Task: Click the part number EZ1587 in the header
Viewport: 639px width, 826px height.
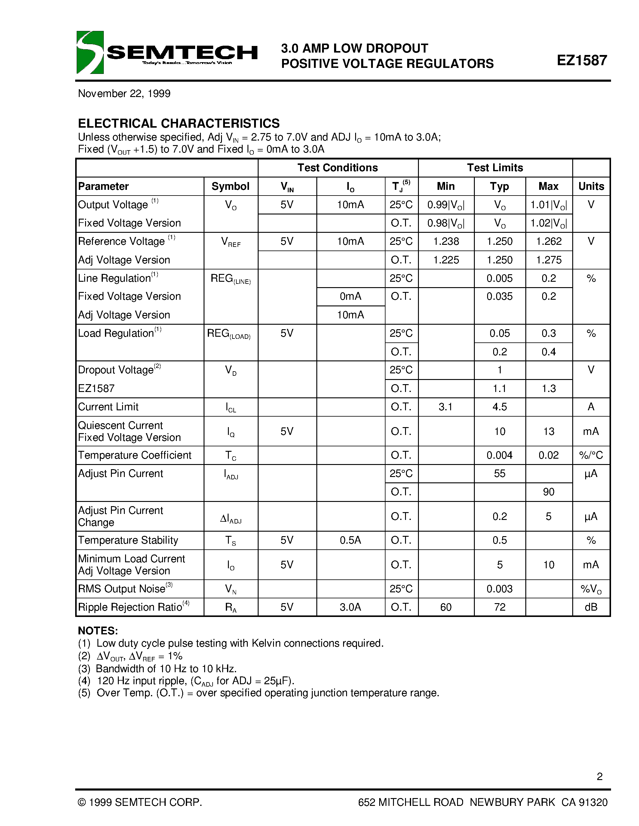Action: [x=582, y=60]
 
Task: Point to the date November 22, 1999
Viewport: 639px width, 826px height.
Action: [x=124, y=93]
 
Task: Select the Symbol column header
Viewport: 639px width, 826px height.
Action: [x=230, y=186]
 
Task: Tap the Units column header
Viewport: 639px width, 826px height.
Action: [x=591, y=186]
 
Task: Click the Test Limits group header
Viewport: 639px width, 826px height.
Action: [x=495, y=168]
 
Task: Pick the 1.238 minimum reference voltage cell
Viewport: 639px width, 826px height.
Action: [x=446, y=241]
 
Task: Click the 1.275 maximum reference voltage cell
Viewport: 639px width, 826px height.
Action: [x=548, y=260]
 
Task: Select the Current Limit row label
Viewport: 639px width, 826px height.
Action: [x=108, y=407]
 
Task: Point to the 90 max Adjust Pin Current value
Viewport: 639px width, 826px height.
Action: [x=548, y=492]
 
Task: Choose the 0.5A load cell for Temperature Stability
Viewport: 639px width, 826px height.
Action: [x=350, y=540]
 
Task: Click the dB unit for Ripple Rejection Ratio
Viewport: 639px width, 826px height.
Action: [x=591, y=607]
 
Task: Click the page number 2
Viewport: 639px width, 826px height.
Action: [x=599, y=776]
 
